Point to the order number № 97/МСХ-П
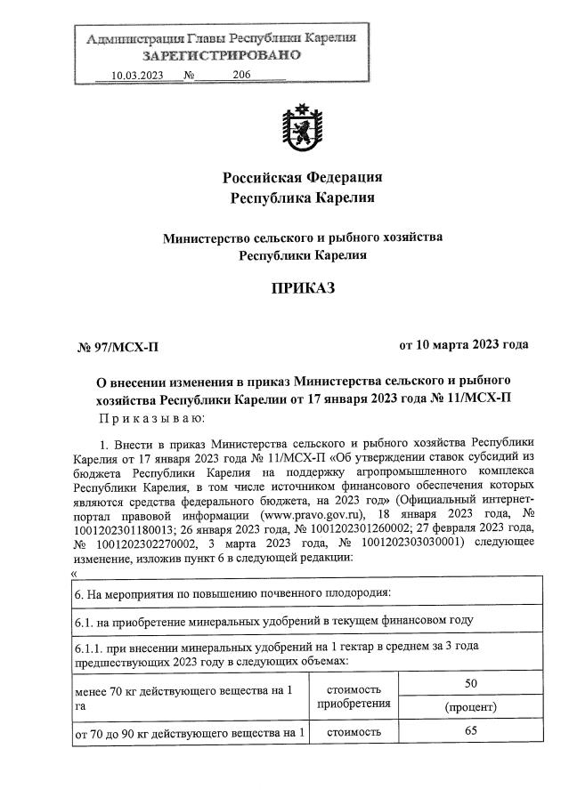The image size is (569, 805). (118, 346)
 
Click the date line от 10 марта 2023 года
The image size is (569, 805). (463, 344)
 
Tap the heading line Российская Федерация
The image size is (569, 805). (302, 176)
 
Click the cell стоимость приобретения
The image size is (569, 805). (354, 696)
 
